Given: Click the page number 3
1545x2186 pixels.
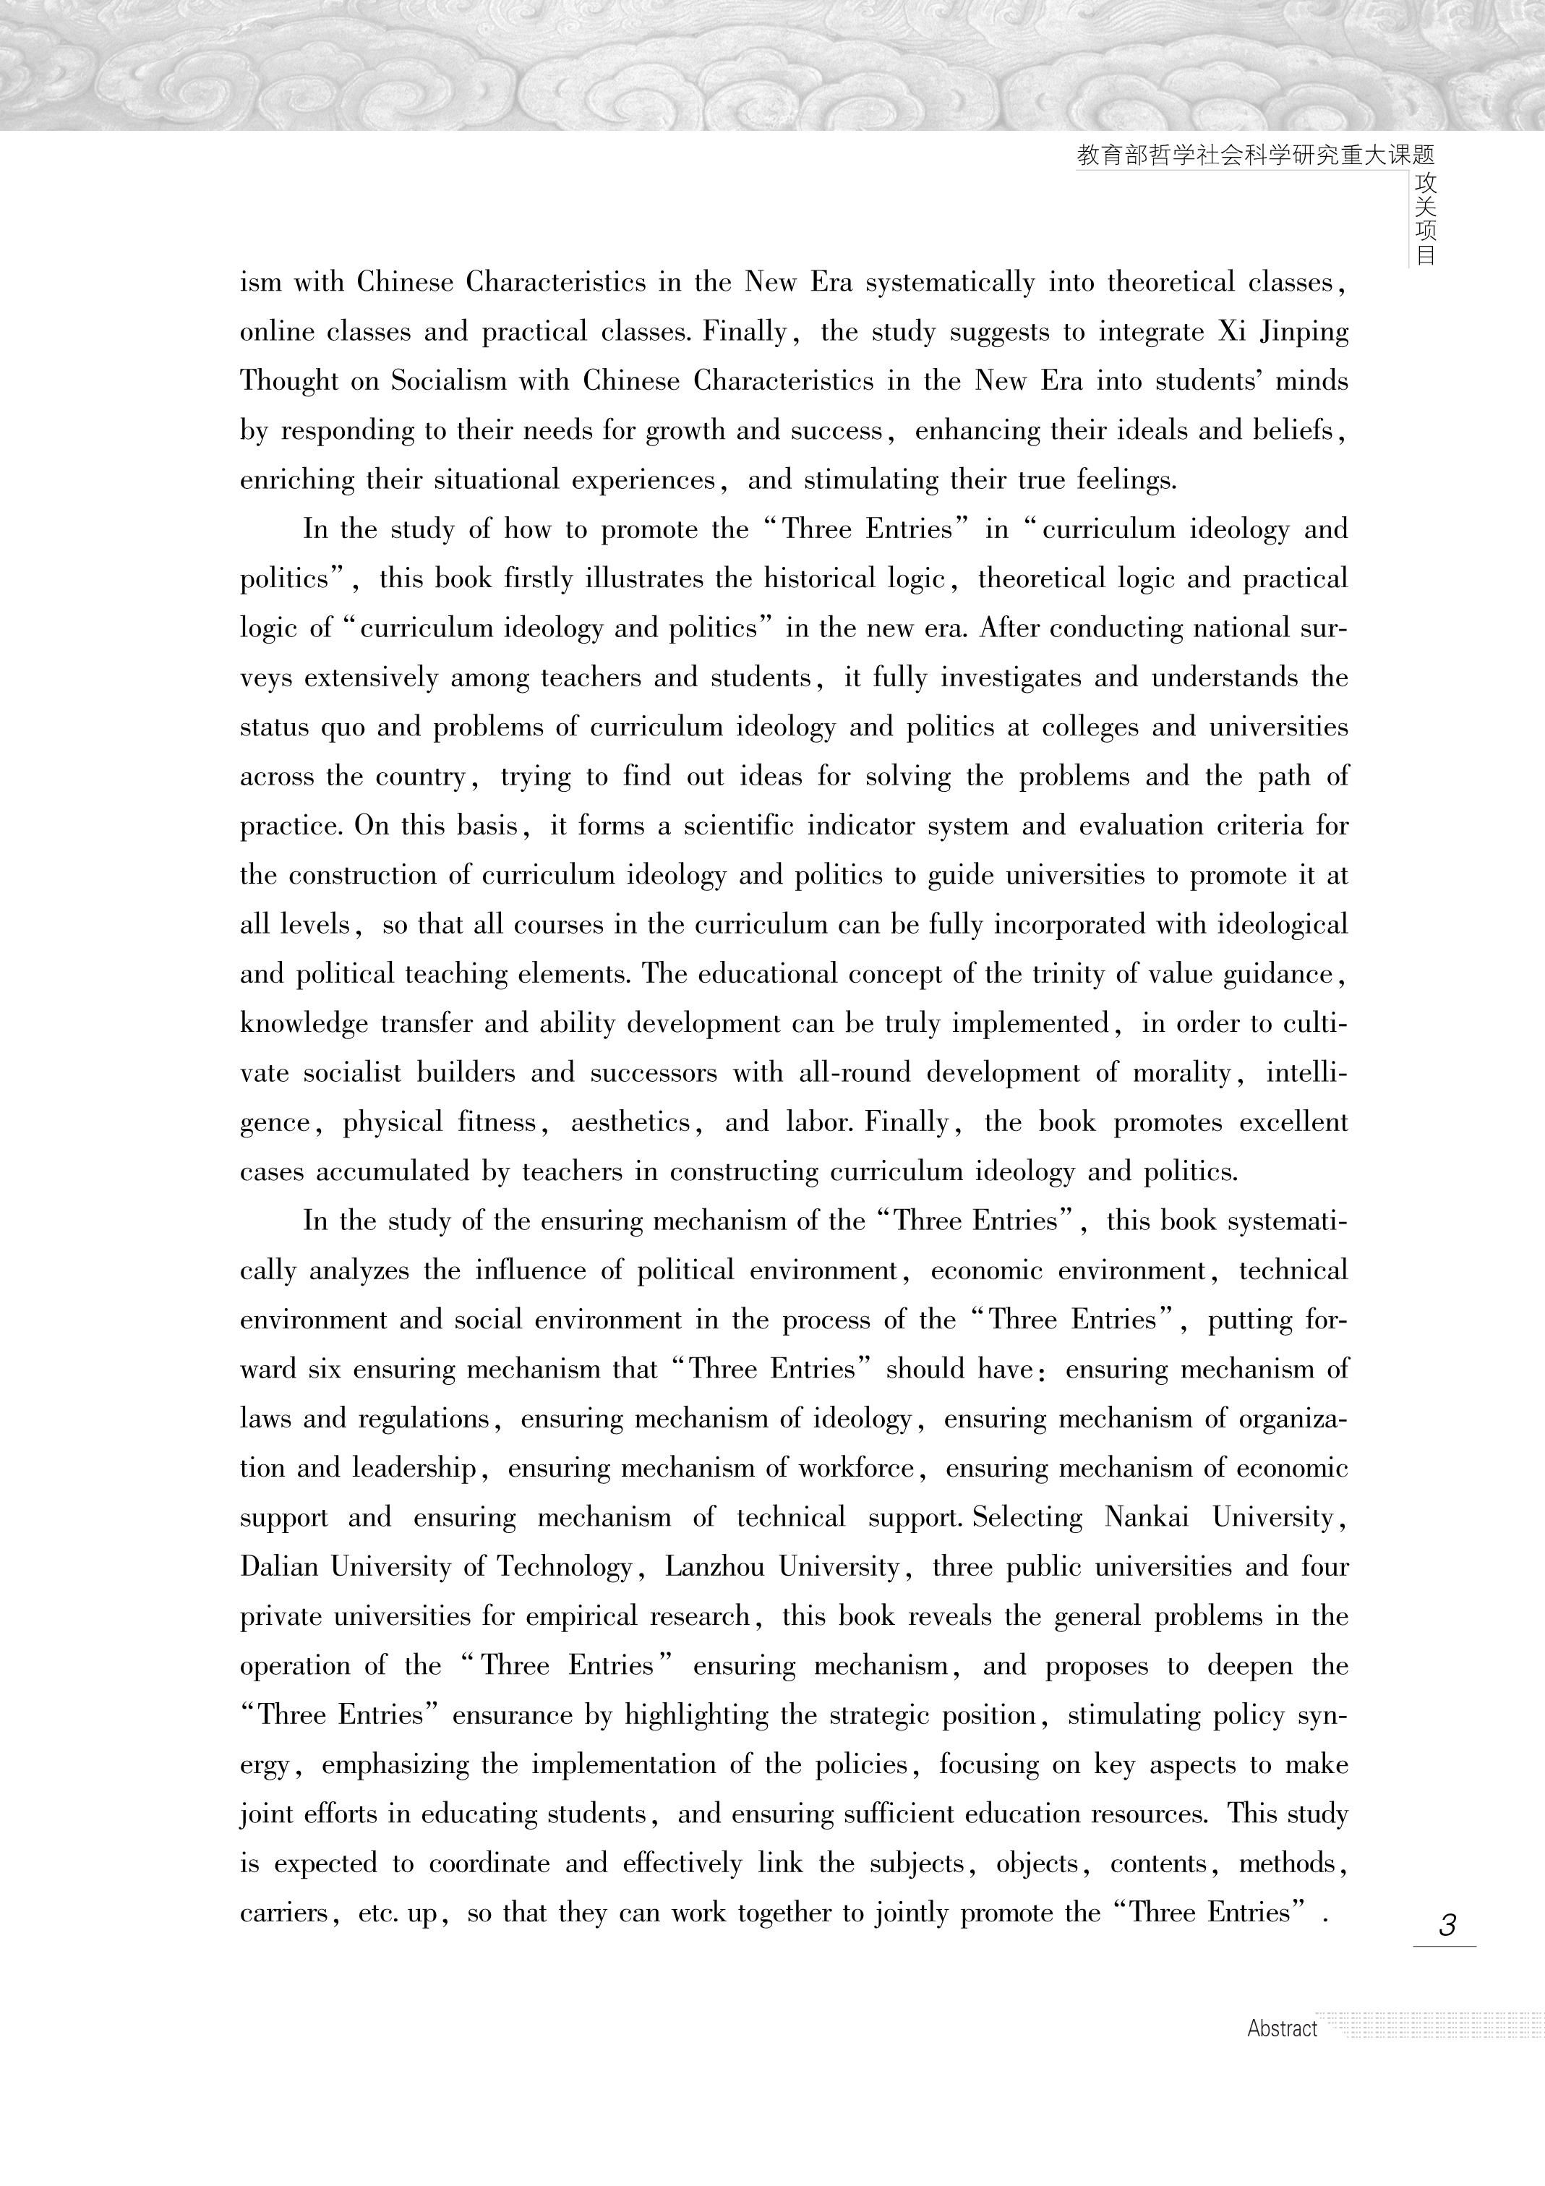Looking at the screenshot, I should point(1447,1925).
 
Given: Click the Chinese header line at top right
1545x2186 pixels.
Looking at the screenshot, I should point(1254,156).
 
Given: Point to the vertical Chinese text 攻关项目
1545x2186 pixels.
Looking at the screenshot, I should point(1425,219).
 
